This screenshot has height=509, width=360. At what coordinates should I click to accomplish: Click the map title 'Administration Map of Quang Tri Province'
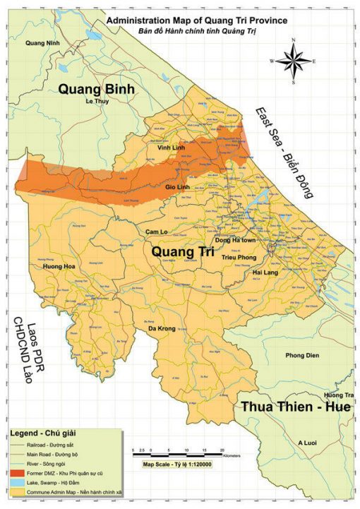pyautogui.click(x=196, y=22)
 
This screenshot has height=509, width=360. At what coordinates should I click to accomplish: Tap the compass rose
pyautogui.click(x=293, y=61)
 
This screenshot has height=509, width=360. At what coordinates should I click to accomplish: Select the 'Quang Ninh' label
pyautogui.click(x=40, y=44)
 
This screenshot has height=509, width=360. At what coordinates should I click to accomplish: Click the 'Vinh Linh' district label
pyautogui.click(x=171, y=148)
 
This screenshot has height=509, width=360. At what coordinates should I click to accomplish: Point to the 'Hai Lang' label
pyautogui.click(x=266, y=272)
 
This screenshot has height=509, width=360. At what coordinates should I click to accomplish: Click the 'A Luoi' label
pyautogui.click(x=308, y=443)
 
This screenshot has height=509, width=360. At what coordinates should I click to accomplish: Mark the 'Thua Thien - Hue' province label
pyautogui.click(x=295, y=407)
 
